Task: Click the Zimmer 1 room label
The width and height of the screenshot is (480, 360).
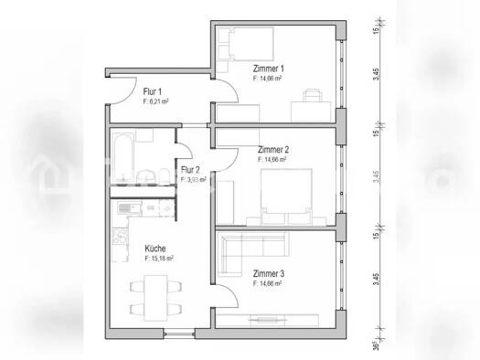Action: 270,69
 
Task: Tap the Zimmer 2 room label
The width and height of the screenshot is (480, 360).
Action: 273,149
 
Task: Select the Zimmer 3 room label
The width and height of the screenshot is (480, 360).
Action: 269,274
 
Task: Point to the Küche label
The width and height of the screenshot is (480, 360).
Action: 155,248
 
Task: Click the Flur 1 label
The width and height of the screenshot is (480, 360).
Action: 153,91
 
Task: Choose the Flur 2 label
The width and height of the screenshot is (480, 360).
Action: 190,170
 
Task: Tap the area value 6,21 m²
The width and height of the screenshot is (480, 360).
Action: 157,101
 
